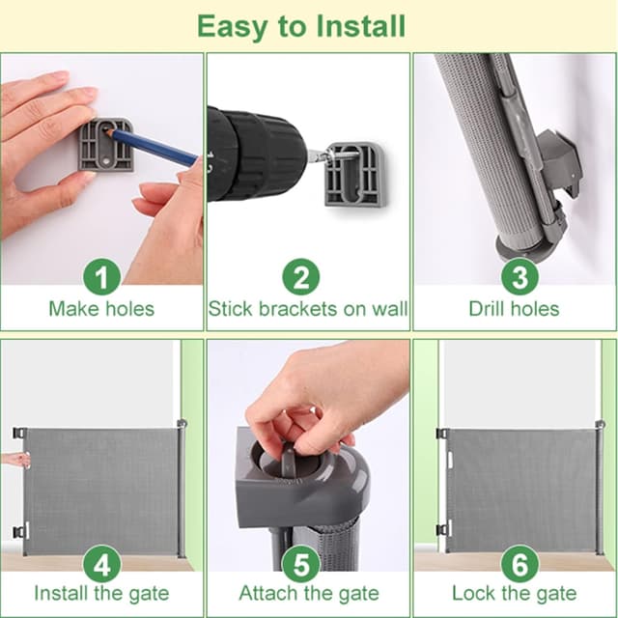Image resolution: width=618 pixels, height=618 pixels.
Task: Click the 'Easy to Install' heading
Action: pyautogui.click(x=301, y=27)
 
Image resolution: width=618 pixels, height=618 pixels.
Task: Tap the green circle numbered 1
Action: pyautogui.click(x=101, y=277)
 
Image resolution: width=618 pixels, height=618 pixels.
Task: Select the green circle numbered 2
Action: pyautogui.click(x=301, y=277)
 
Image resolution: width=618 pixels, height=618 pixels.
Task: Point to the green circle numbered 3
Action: pyautogui.click(x=520, y=277)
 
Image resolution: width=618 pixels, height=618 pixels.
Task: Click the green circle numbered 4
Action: pyautogui.click(x=101, y=564)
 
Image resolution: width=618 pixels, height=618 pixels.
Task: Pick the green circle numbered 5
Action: pyautogui.click(x=301, y=564)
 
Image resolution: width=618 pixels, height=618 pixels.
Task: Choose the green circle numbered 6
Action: pyautogui.click(x=520, y=564)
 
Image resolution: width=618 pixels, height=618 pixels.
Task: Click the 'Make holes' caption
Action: pyautogui.click(x=101, y=309)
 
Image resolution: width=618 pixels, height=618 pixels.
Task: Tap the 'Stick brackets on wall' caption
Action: pyautogui.click(x=308, y=309)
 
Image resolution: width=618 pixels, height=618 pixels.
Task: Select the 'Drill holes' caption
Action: pyautogui.click(x=514, y=309)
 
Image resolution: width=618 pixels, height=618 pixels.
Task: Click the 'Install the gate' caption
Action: pyautogui.click(x=101, y=594)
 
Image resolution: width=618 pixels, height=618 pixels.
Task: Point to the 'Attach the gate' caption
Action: pyautogui.click(x=309, y=594)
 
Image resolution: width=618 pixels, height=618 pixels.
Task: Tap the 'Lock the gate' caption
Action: pyautogui.click(x=515, y=594)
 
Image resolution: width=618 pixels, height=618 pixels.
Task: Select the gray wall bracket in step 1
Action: pyautogui.click(x=105, y=145)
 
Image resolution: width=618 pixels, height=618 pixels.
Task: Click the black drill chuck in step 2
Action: pyautogui.click(x=256, y=153)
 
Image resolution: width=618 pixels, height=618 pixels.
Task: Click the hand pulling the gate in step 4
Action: pyautogui.click(x=15, y=460)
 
